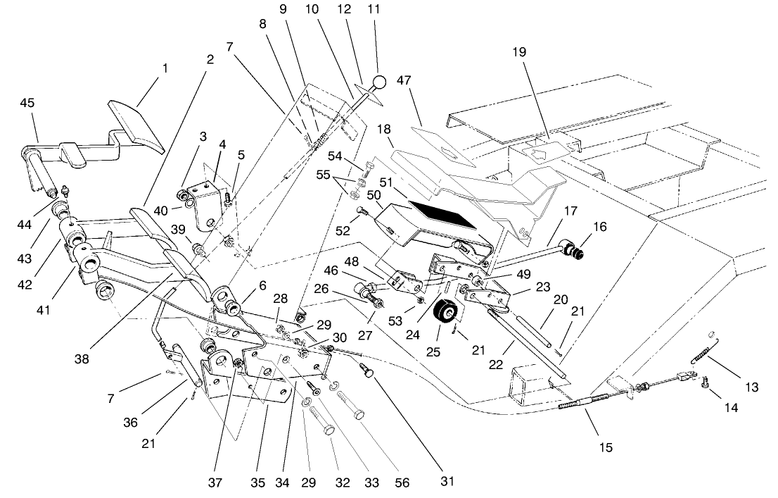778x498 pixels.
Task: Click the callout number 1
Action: point(165,69)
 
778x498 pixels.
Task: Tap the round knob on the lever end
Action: point(380,82)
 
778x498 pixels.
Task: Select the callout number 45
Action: point(27,103)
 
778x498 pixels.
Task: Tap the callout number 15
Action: point(606,447)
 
